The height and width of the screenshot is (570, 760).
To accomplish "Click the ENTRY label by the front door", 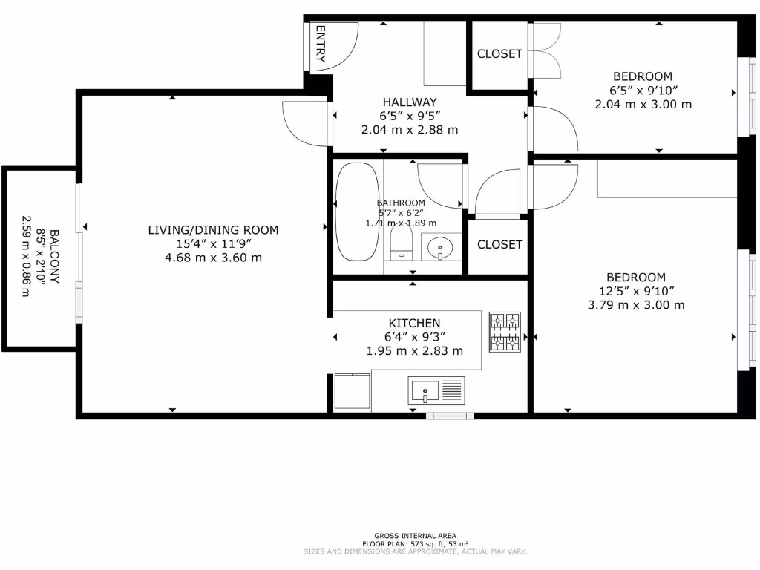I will [x=321, y=44].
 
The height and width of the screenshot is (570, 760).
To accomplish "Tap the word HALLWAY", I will [x=409, y=102].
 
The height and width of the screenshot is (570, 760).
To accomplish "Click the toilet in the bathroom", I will [x=401, y=242].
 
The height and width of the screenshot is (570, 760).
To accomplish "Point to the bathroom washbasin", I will [x=440, y=246].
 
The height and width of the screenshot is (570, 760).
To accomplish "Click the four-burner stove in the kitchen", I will [x=505, y=331].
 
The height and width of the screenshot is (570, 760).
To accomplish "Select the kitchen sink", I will [x=436, y=390].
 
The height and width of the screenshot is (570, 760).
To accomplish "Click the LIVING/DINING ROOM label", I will [x=213, y=230].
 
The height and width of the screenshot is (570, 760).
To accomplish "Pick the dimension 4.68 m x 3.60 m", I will [x=213, y=258].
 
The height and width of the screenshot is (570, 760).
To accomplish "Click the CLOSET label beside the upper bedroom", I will [x=499, y=54].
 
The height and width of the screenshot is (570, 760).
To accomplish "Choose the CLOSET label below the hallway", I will [x=499, y=244].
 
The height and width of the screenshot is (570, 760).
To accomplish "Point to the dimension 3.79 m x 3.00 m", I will [x=635, y=305].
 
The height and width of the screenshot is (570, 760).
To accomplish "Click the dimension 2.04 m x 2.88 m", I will [x=409, y=130].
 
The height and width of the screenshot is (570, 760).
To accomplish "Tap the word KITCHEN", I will [x=414, y=324].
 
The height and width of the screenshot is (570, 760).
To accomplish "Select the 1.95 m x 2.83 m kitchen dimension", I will [x=414, y=351].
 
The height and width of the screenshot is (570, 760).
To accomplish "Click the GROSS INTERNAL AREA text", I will [x=415, y=535].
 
